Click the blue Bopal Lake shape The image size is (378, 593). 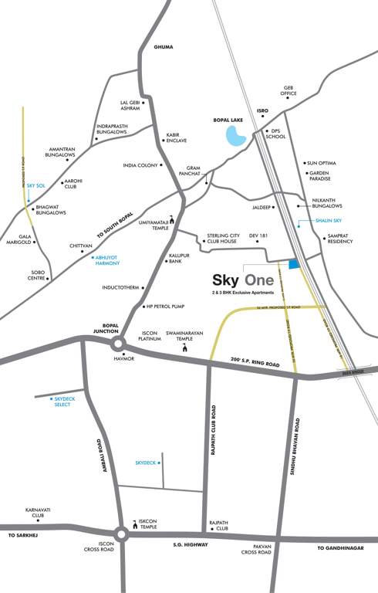pyautogui.click(x=235, y=137)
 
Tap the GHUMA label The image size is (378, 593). pyautogui.click(x=164, y=47)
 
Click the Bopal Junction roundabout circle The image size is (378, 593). pyautogui.click(x=117, y=344)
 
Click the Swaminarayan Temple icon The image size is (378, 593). pyautogui.click(x=184, y=350)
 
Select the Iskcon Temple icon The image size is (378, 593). pyautogui.click(x=132, y=522)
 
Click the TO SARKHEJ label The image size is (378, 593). pyautogui.click(x=23, y=534)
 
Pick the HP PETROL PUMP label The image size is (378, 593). pyautogui.click(x=168, y=307)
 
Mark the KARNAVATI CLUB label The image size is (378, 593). pyautogui.click(x=38, y=513)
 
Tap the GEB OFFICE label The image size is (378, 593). pyautogui.click(x=289, y=90)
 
